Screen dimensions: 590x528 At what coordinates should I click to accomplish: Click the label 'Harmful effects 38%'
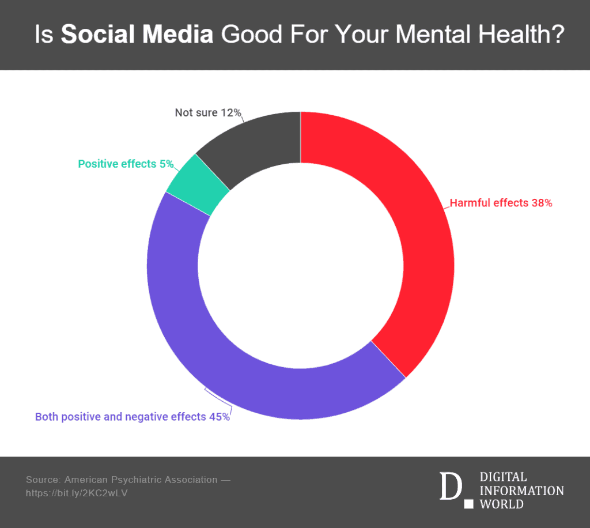(501, 203)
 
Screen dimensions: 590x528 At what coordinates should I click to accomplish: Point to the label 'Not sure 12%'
(208, 112)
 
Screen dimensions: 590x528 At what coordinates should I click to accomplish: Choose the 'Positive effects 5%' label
(126, 164)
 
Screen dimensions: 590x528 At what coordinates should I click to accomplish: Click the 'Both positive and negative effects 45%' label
(132, 417)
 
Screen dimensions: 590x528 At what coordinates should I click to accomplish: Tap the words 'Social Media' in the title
(137, 34)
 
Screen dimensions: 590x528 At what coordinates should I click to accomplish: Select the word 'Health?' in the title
(521, 34)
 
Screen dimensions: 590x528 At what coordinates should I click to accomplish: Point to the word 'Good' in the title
(251, 34)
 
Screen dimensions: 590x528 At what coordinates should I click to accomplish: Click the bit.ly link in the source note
(77, 493)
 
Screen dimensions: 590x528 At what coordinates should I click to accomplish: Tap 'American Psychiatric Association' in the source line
(141, 480)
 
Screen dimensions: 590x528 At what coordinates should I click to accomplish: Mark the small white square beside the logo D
(468, 504)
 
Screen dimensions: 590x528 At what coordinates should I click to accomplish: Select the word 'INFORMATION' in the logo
(521, 491)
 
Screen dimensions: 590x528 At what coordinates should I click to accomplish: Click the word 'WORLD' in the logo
(502, 504)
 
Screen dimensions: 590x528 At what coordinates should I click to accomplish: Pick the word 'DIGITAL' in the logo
(503, 477)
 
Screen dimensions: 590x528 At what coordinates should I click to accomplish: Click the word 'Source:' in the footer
(43, 480)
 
